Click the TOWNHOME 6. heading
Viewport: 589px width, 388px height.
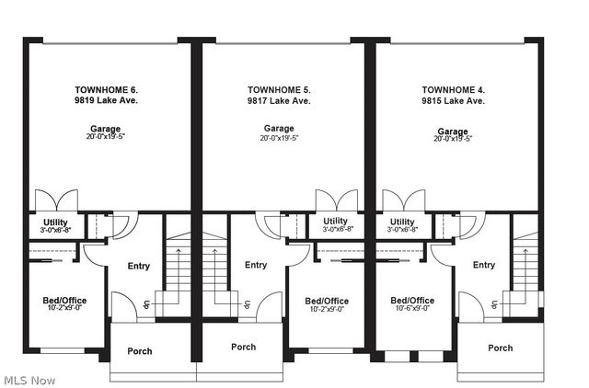click(106, 90)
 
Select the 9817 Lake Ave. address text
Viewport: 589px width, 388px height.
click(279, 101)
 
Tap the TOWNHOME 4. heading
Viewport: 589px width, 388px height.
click(452, 90)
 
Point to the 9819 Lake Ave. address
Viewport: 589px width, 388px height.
click(106, 101)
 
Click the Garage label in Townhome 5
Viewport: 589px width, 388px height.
click(279, 128)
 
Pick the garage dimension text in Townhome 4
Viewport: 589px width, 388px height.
click(452, 139)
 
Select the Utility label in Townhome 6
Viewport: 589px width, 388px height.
click(56, 222)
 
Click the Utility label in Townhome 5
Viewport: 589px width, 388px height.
click(335, 222)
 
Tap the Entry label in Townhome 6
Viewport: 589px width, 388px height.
click(138, 266)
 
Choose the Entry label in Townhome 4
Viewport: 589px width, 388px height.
click(484, 265)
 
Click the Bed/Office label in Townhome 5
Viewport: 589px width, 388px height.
click(327, 301)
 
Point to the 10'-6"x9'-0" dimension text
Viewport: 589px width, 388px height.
click(411, 310)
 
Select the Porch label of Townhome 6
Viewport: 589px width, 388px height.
click(140, 350)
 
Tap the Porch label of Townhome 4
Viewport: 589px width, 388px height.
click(500, 348)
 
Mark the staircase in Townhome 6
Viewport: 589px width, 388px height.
click(177, 267)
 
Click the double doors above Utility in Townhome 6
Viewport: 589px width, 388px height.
click(50, 200)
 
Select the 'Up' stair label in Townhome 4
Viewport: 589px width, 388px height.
click(494, 304)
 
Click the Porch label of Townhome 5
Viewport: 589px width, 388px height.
click(243, 347)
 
